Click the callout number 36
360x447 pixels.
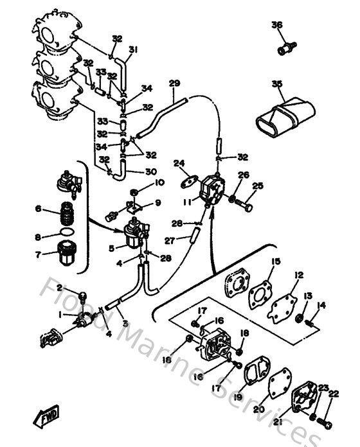click(x=276, y=25)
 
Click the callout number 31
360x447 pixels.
click(x=133, y=49)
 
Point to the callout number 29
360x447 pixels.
click(x=174, y=83)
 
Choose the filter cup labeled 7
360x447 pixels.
click(x=66, y=252)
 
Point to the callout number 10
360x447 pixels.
click(x=159, y=182)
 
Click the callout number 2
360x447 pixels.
click(x=59, y=288)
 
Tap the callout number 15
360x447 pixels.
click(x=275, y=261)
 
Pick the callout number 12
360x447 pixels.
click(x=298, y=275)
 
